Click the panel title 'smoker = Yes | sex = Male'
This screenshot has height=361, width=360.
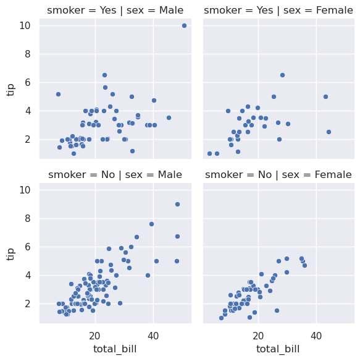[x=115, y=11]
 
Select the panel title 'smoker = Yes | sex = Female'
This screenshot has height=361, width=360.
[x=278, y=11]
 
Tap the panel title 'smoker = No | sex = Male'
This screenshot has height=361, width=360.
[x=115, y=175]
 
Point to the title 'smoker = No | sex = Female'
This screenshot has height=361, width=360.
[x=278, y=175]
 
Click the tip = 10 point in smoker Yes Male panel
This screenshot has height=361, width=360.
[x=184, y=25]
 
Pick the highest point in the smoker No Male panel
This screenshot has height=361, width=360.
[x=177, y=204]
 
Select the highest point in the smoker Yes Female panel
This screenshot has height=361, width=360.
[x=282, y=75]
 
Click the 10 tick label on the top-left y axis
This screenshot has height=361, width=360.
[x=25, y=25]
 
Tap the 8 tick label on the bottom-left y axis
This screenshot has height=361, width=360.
[x=28, y=218]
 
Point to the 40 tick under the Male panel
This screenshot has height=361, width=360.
[x=153, y=336]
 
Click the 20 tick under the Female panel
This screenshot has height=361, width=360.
[x=258, y=336]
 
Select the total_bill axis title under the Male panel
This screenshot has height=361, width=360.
[x=115, y=349]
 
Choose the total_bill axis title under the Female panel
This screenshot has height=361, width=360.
[x=278, y=349]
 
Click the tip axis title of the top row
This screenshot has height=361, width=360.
[x=10, y=90]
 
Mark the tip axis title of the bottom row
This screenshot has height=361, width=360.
[x=10, y=255]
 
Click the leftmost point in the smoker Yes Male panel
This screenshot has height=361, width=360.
[x=58, y=95]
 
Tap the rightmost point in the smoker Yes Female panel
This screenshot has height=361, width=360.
[x=329, y=132]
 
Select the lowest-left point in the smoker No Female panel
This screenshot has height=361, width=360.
[x=221, y=318]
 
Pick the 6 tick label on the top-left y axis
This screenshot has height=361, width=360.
[x=28, y=82]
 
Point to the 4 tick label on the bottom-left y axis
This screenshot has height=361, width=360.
[x=28, y=275]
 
